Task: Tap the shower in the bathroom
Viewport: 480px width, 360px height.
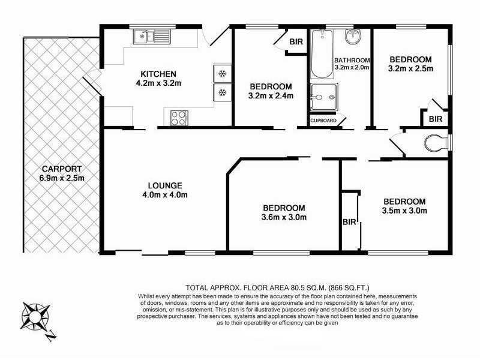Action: click(x=324, y=96)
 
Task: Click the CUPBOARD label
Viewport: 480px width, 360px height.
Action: click(x=322, y=121)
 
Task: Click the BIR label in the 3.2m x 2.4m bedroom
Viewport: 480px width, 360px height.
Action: click(x=295, y=41)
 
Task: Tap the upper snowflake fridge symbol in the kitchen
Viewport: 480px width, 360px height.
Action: click(x=222, y=74)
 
